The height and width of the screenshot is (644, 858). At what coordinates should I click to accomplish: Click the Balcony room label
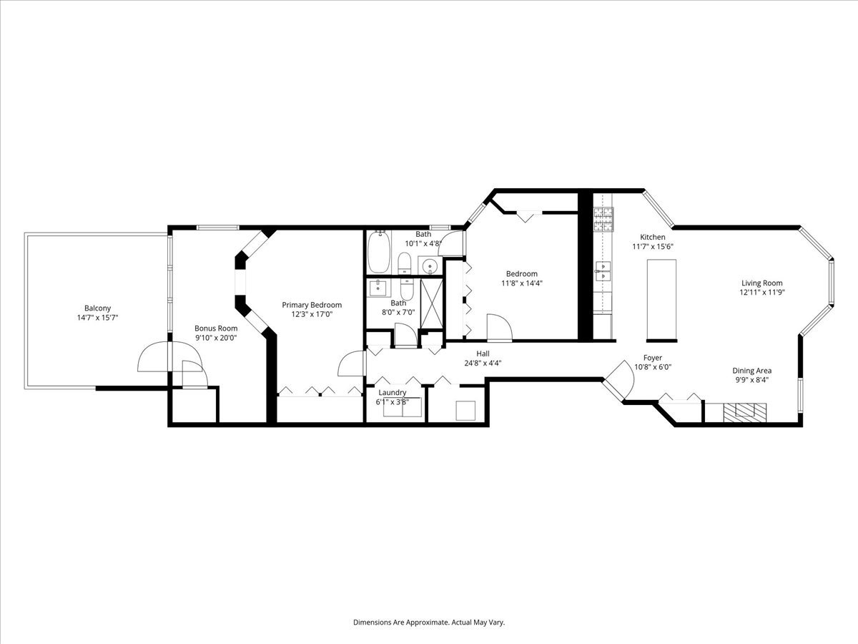point(98,308)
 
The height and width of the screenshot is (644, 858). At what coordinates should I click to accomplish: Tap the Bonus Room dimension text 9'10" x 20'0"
point(216,338)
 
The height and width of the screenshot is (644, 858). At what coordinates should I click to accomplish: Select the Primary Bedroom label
point(312,305)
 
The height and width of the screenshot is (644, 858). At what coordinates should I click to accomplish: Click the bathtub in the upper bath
point(379,252)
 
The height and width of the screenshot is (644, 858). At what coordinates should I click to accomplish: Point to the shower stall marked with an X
point(432,303)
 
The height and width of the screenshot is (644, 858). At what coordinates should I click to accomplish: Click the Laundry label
point(393,392)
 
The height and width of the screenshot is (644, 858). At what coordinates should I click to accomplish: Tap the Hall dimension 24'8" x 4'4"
point(483,363)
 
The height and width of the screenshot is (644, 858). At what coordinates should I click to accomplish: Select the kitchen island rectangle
point(661,300)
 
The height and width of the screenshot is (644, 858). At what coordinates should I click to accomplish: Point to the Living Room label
point(762,283)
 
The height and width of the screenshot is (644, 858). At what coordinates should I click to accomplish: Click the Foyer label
point(653,358)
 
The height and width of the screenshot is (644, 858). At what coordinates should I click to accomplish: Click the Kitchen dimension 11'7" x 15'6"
point(653,246)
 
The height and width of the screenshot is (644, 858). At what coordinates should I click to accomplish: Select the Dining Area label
point(752,371)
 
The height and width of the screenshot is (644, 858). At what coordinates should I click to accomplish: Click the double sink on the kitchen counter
point(602,271)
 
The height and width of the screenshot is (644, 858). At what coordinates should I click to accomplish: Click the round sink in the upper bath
point(430,266)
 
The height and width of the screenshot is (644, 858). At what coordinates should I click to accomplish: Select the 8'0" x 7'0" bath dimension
point(398,313)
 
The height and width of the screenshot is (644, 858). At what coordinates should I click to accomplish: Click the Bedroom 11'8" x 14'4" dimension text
point(522,283)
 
